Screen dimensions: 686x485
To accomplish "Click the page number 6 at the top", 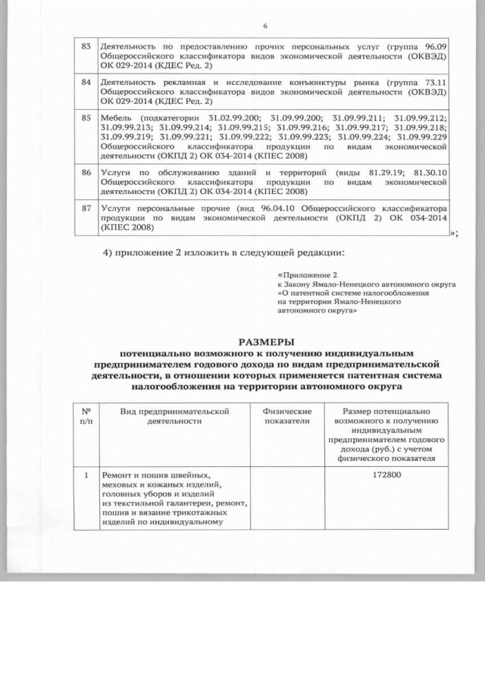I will click(x=266, y=27).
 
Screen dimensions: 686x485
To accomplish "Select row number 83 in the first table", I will click(x=86, y=47).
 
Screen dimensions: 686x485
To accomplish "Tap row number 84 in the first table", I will click(x=86, y=82).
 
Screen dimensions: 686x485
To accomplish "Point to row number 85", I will click(x=86, y=118).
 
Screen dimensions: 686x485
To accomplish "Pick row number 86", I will click(x=86, y=173).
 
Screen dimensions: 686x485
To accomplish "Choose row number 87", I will click(x=86, y=208).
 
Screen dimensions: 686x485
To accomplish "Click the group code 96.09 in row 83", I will click(x=433, y=47).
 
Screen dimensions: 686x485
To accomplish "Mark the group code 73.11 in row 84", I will click(x=433, y=82).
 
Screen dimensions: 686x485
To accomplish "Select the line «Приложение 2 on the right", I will click(x=308, y=274).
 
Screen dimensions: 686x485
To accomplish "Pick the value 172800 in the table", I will click(x=387, y=475).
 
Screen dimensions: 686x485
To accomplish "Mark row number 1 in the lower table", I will click(x=86, y=475).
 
